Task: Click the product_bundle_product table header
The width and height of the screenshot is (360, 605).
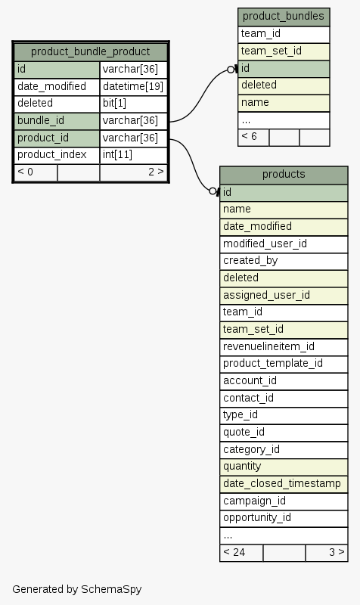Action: click(91, 51)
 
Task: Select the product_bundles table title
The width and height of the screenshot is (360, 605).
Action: click(284, 16)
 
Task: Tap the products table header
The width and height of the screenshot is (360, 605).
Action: click(284, 175)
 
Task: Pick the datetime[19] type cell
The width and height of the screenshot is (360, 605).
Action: click(134, 86)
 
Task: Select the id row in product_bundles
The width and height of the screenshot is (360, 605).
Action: click(284, 69)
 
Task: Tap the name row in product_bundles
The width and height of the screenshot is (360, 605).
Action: click(284, 103)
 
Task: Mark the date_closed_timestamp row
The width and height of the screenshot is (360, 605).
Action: click(284, 484)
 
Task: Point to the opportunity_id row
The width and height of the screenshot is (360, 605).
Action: click(284, 518)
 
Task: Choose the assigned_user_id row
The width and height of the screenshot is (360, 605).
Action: click(284, 296)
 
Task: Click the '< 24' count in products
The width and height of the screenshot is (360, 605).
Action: click(234, 553)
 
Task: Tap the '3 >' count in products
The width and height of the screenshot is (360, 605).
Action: click(337, 553)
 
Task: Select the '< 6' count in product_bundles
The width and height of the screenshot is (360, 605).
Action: click(250, 137)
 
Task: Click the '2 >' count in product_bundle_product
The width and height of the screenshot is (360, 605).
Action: click(156, 172)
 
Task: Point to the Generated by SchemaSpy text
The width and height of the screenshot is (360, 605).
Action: click(77, 589)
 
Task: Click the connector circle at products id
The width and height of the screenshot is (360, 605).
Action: click(213, 191)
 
